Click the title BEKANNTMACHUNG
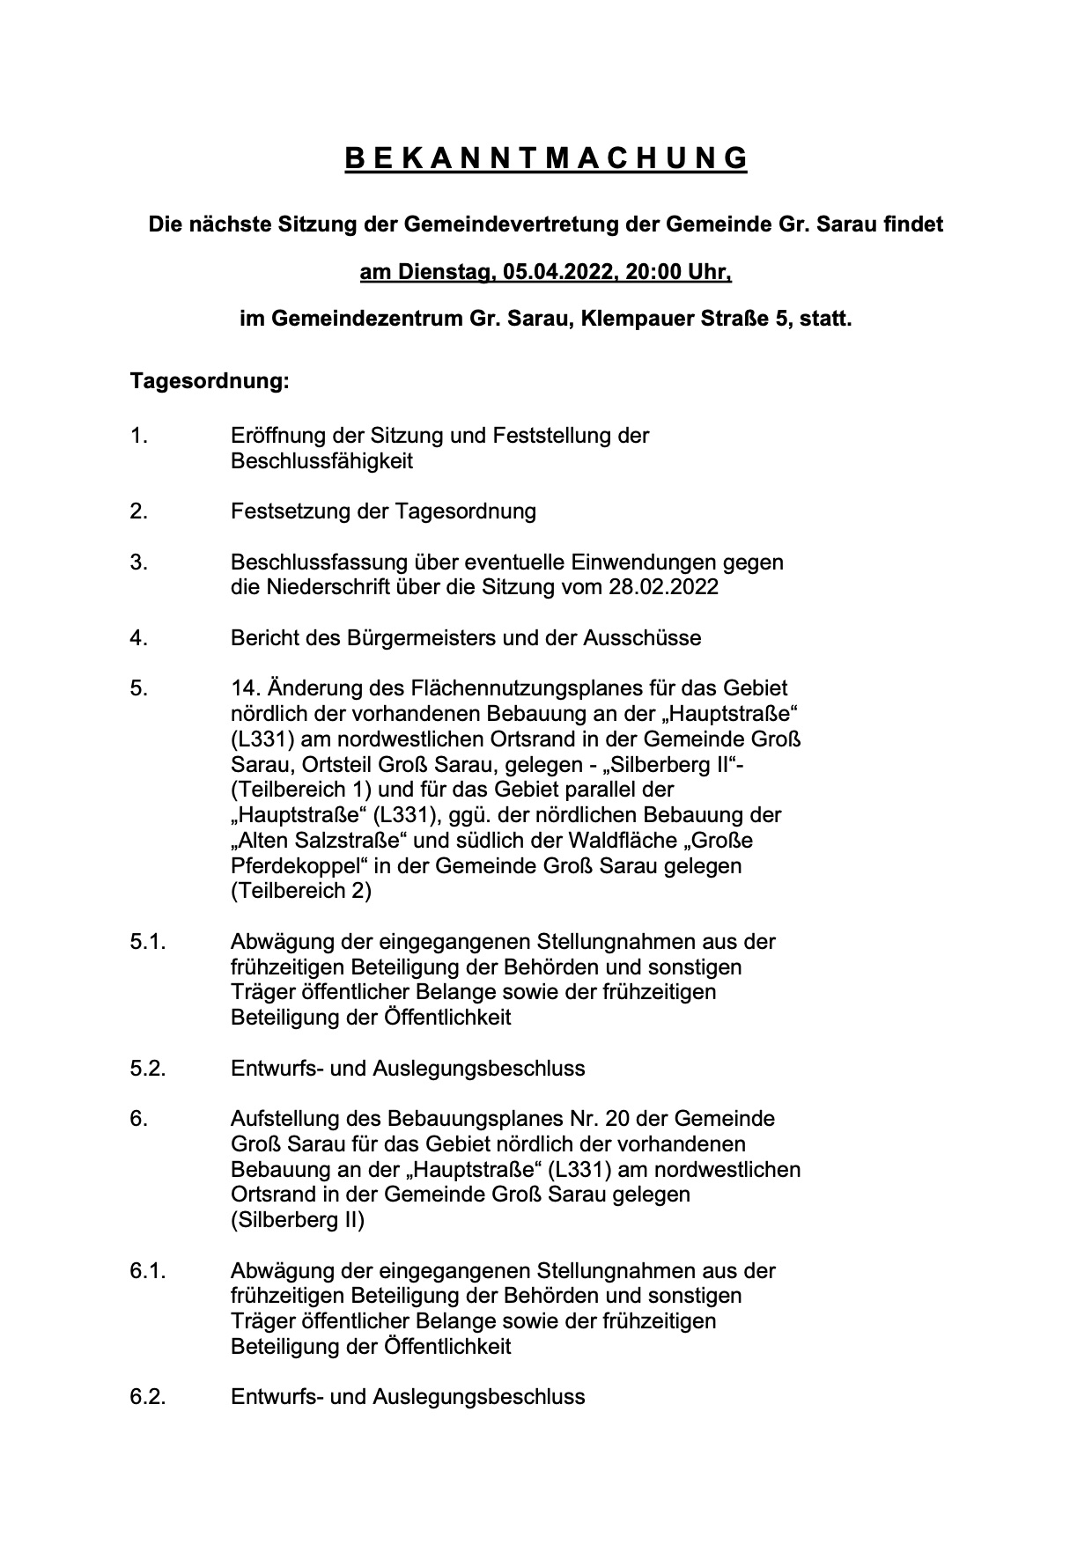pyautogui.click(x=545, y=158)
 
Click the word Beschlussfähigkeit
pyautogui.click(x=321, y=461)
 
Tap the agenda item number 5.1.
pyautogui.click(x=148, y=942)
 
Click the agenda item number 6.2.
pyautogui.click(x=148, y=1397)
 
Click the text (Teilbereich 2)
pyautogui.click(x=301, y=891)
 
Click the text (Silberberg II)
pyautogui.click(x=298, y=1220)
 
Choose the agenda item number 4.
pyautogui.click(x=139, y=637)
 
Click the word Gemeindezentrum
pyautogui.click(x=363, y=319)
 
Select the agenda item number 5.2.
pyautogui.click(x=148, y=1069)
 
